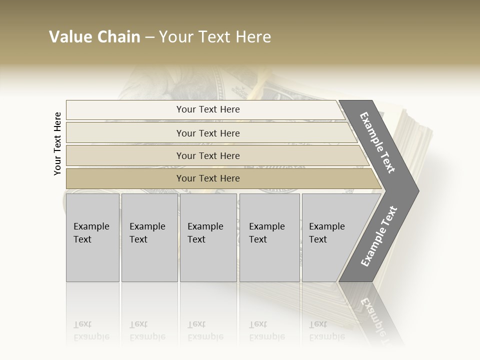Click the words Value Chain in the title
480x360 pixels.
pyautogui.click(x=94, y=37)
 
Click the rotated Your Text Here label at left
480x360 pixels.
pyautogui.click(x=57, y=144)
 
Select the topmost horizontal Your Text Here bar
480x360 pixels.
pyautogui.click(x=208, y=109)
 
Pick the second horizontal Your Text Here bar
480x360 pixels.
pyautogui.click(x=208, y=133)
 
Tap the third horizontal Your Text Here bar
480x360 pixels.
pyautogui.click(x=208, y=155)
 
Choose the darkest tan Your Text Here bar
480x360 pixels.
pyautogui.click(x=208, y=178)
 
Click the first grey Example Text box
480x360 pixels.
pyautogui.click(x=92, y=237)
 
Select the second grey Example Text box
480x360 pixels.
pyautogui.click(x=149, y=237)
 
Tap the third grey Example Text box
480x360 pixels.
pyautogui.click(x=208, y=237)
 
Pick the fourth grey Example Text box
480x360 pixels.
pyautogui.click(x=269, y=237)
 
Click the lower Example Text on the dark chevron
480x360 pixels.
pyautogui.click(x=379, y=236)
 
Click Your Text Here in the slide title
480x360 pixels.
pyautogui.click(x=215, y=37)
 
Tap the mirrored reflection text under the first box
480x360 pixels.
pyautogui.click(x=91, y=330)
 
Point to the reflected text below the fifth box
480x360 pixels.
pyautogui.click(x=327, y=330)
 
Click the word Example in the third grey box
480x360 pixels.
pyautogui.click(x=205, y=226)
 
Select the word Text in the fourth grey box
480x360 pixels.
pyautogui.click(x=258, y=239)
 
